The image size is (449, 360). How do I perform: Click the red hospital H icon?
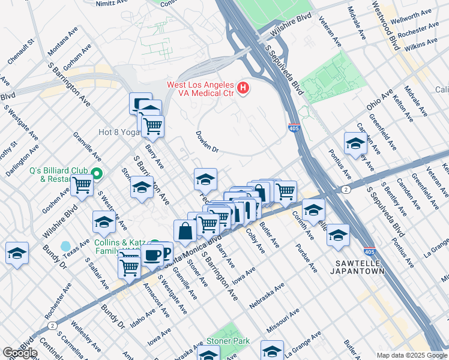click(243, 89)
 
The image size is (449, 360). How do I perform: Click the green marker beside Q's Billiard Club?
click(97, 175)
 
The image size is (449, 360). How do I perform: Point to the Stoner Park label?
click(227, 341)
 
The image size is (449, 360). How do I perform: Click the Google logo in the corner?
click(20, 353)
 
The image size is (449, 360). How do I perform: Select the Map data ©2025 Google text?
click(411, 355)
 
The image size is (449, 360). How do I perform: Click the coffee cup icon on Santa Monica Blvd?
click(152, 254)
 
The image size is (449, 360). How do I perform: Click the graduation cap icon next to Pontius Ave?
click(355, 144)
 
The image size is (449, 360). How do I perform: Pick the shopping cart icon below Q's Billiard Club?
click(82, 187)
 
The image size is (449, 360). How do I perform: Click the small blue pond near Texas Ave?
click(65, 246)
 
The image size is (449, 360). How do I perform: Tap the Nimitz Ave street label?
click(112, 3)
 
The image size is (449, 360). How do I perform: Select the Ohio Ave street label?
click(380, 100)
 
